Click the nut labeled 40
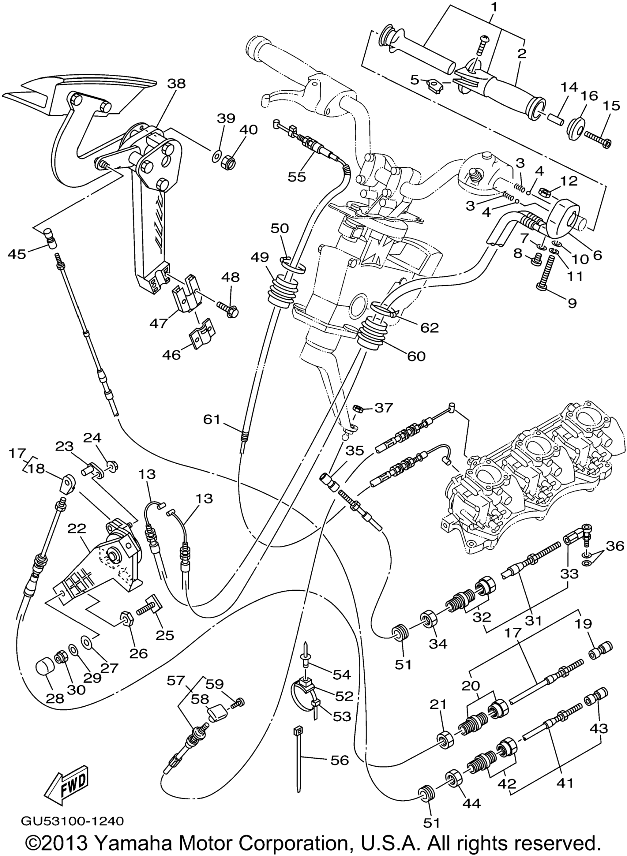(x=228, y=163)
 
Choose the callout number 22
(x=77, y=529)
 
